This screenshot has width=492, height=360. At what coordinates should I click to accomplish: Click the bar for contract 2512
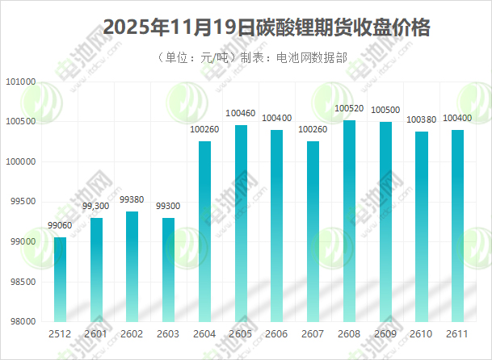click(x=60, y=279)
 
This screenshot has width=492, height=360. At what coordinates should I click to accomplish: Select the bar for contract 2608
click(x=349, y=221)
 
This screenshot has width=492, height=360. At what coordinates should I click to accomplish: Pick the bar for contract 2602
click(x=132, y=266)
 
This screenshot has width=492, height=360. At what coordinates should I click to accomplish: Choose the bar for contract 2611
click(x=457, y=226)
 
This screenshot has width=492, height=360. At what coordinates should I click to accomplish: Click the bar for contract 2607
click(x=313, y=232)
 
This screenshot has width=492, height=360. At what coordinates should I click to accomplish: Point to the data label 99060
click(x=60, y=227)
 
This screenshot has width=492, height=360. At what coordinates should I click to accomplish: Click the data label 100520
click(x=349, y=108)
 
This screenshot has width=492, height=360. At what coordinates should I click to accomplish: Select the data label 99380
click(x=132, y=200)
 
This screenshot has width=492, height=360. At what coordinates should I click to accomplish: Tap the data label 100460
click(x=241, y=113)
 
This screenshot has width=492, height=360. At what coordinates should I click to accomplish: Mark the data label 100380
click(x=421, y=119)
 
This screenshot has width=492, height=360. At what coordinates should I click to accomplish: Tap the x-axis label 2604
click(x=204, y=334)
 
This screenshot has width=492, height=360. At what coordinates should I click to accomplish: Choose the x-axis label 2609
click(x=385, y=334)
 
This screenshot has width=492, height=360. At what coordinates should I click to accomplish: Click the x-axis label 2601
click(x=96, y=334)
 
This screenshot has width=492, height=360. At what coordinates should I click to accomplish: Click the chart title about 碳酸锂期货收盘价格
click(x=267, y=27)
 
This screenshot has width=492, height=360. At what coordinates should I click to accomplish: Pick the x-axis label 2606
click(x=276, y=334)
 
